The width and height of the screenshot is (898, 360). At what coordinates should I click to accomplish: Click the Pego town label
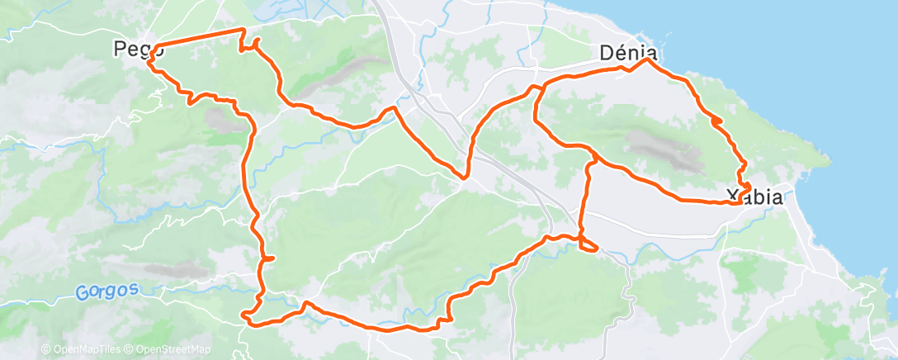(x=130, y=50)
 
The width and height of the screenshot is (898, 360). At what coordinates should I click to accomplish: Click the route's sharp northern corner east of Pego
(x=243, y=30)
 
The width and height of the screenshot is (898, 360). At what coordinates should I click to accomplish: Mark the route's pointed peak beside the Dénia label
(x=648, y=59)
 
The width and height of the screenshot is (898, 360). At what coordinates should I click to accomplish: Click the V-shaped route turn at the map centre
(x=466, y=176)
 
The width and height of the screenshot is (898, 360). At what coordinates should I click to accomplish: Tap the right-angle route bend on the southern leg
(x=448, y=321)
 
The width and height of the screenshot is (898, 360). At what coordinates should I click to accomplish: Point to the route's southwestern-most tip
(x=243, y=314)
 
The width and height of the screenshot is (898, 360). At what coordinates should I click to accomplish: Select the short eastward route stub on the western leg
(x=268, y=259)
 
